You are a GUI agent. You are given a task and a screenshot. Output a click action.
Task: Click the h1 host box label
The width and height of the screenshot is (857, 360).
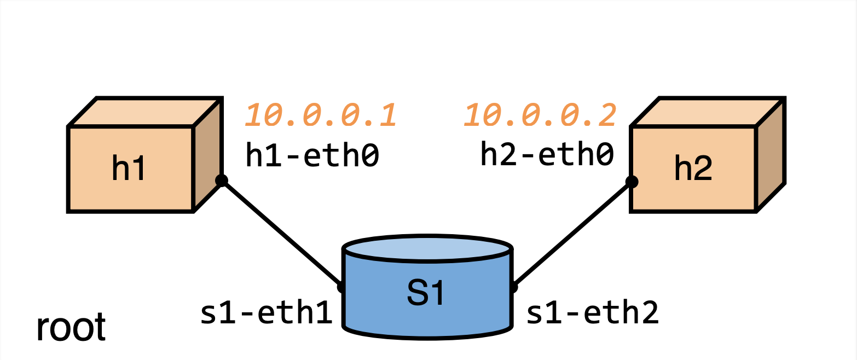pyautogui.click(x=129, y=169)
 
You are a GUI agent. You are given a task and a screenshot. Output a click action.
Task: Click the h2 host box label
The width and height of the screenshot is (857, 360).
pyautogui.click(x=693, y=169)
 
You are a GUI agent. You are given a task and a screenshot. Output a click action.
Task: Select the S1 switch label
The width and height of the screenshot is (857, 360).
pyautogui.click(x=427, y=293)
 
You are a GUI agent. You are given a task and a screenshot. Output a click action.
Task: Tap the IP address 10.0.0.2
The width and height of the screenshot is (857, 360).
pyautogui.click(x=541, y=115)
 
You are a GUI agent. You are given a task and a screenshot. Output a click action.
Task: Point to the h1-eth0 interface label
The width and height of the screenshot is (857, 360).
pyautogui.click(x=312, y=155)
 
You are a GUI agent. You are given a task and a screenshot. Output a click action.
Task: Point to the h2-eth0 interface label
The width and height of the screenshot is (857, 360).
pyautogui.click(x=547, y=154)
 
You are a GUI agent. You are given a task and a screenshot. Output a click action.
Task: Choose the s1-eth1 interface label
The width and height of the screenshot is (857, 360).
pyautogui.click(x=267, y=313)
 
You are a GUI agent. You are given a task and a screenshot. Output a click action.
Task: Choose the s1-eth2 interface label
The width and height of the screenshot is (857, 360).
pyautogui.click(x=592, y=313)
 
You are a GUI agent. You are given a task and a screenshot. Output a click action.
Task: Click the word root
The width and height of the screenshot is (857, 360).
pyautogui.click(x=71, y=328)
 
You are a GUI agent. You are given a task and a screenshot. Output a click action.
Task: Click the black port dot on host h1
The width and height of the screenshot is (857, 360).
pyautogui.click(x=221, y=181)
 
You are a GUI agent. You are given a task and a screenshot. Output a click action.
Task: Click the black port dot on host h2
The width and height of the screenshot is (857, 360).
pyautogui.click(x=632, y=182)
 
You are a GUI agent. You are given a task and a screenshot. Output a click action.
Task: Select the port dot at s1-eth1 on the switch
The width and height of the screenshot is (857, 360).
pyautogui.click(x=341, y=286)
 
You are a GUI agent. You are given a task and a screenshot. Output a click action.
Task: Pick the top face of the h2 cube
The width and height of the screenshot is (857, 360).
pyautogui.click(x=706, y=112)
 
